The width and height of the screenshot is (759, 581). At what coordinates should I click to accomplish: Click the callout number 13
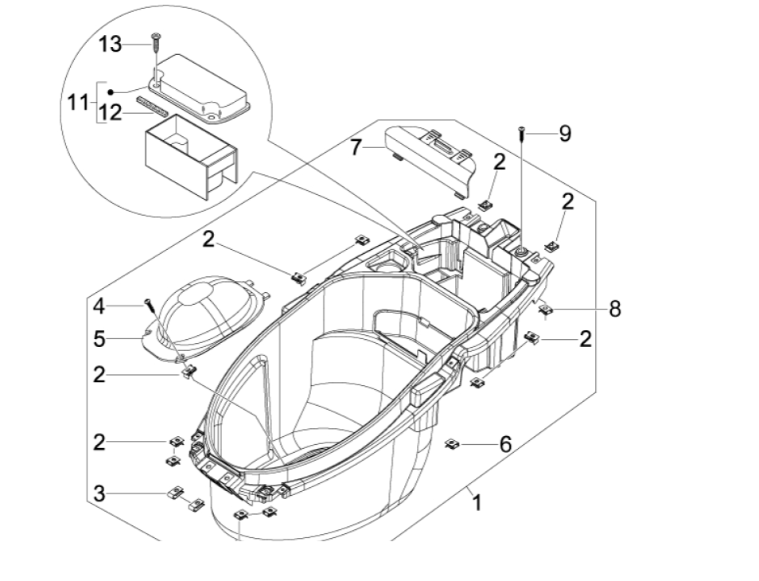(110, 45)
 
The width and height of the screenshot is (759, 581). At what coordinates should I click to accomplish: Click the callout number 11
(78, 103)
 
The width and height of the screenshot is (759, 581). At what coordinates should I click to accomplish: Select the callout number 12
(111, 113)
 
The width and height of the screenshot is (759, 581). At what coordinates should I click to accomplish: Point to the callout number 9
(564, 133)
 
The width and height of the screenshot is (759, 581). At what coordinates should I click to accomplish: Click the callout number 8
(615, 308)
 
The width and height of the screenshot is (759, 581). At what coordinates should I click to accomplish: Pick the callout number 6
(505, 443)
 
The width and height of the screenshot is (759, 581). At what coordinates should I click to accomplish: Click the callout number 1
(477, 503)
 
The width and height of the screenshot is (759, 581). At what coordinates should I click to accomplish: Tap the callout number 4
(98, 305)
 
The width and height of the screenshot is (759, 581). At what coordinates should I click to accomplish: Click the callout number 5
(98, 338)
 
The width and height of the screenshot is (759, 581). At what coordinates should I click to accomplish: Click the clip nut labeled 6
(451, 443)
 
